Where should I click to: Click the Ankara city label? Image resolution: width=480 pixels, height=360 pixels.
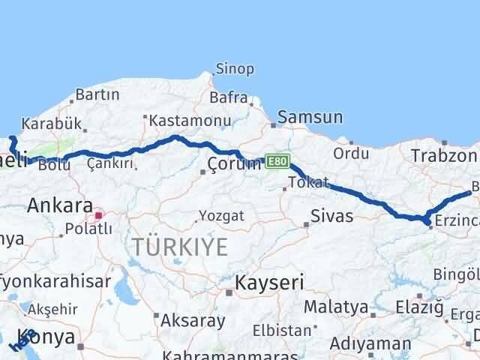60,205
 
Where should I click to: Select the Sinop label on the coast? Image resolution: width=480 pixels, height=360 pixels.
235,70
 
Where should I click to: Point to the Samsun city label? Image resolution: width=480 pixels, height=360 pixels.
310,117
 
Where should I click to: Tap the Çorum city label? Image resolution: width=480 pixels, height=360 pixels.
235,164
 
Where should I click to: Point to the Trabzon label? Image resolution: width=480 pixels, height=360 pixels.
443,156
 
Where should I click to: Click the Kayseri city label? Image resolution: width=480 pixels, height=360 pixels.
269,283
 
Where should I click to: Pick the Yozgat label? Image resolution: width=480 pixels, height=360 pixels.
221,216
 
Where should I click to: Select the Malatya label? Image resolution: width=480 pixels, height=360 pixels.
335,307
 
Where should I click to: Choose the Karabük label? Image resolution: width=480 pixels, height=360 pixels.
46,123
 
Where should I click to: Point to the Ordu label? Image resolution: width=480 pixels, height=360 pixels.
351,154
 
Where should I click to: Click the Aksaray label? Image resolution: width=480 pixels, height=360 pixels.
193,320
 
